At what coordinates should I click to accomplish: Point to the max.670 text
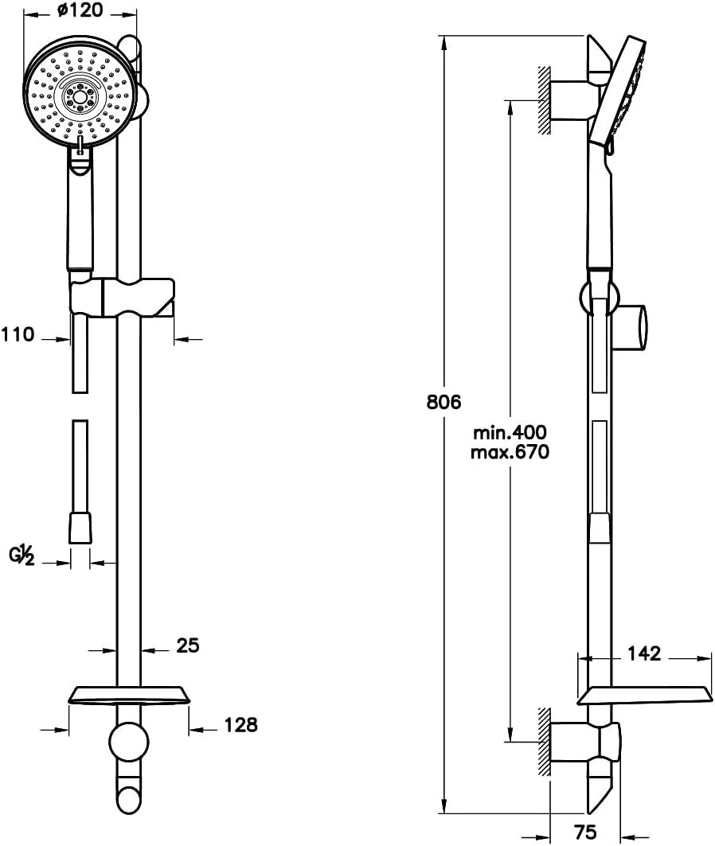tap(510, 453)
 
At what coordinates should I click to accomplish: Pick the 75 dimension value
tap(584, 832)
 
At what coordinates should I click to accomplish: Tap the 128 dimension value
tap(240, 724)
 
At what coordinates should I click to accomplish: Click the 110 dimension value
tap(18, 335)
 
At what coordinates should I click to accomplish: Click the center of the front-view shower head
tap(78, 96)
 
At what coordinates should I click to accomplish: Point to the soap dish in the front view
tap(129, 696)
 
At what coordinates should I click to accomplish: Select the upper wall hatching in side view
tap(545, 99)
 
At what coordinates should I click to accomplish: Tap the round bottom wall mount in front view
tap(128, 743)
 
